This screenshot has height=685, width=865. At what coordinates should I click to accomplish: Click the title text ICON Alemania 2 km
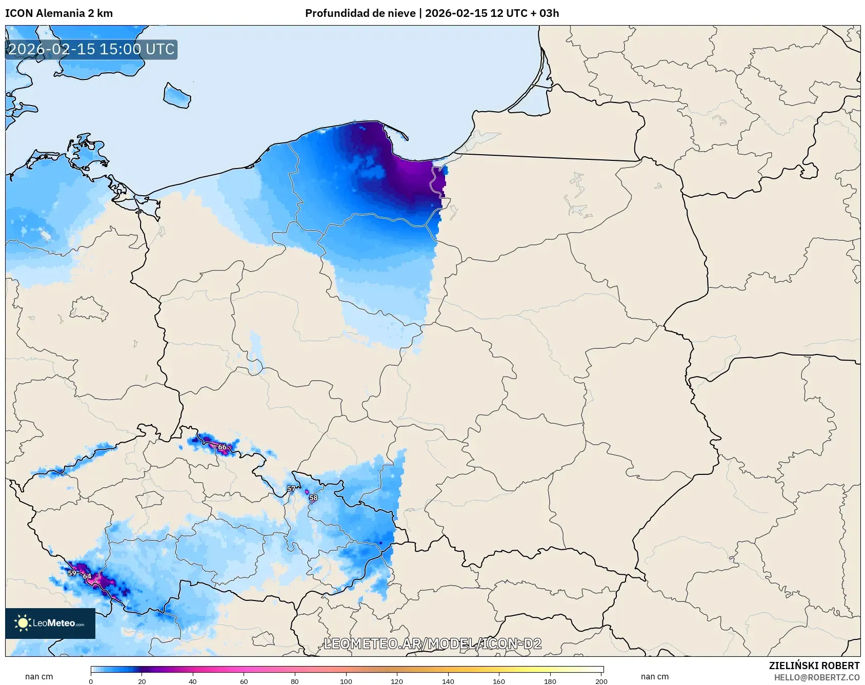[x=59, y=13]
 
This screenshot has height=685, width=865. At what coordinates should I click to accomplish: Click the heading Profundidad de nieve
[x=360, y=13]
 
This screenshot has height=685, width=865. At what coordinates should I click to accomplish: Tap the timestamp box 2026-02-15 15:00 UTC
[x=91, y=49]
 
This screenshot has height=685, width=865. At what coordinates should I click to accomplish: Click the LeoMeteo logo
[x=50, y=623]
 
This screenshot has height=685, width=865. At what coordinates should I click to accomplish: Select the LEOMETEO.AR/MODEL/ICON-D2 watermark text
[x=432, y=644]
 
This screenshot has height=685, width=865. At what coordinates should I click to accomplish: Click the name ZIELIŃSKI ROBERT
[x=814, y=666]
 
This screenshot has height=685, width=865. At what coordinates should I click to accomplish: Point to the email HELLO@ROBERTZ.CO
[x=816, y=677]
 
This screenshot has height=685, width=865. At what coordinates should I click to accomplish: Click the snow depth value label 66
[x=222, y=447]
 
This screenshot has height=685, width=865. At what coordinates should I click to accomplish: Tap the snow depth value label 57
[x=291, y=488]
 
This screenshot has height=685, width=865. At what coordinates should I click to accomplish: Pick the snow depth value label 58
[x=313, y=497]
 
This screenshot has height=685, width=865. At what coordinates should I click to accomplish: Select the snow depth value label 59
[x=72, y=573]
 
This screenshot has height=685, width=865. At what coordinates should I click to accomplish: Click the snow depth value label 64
[x=87, y=576]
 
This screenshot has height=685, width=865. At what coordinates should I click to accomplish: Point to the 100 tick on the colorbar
[x=346, y=681]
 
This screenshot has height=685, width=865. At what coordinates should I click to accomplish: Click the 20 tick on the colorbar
[x=142, y=681]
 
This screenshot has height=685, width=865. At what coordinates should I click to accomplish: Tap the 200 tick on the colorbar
[x=601, y=681]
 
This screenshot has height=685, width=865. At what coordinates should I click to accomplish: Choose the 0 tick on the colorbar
[x=91, y=681]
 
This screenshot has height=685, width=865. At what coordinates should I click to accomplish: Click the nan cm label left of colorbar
[x=39, y=676]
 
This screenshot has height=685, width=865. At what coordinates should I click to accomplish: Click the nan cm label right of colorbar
[x=654, y=676]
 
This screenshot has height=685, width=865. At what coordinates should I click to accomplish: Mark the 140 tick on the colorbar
[x=448, y=681]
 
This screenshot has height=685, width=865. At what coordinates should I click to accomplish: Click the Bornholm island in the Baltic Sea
[x=176, y=96]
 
